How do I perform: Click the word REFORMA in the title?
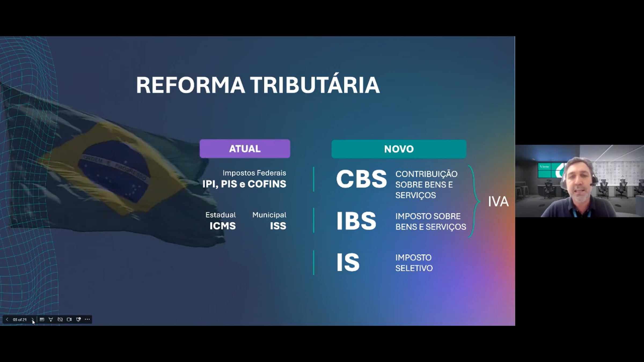pos(190,85)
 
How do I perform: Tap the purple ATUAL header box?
pos(245,149)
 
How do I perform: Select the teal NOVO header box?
pos(399,149)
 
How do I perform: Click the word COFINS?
pos(267,184)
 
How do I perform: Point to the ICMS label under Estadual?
pos(222,226)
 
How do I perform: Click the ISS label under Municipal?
pos(278,226)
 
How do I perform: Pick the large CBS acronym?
pos(361,179)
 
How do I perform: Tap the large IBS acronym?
pos(356,221)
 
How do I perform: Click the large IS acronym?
pos(348,263)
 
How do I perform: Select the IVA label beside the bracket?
pos(498,202)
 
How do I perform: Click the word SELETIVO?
pos(414,268)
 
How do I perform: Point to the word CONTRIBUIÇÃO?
pos(426,174)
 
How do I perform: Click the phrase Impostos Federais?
pos(254,173)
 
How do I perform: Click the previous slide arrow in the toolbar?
pos(7,319)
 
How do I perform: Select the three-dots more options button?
pos(87,319)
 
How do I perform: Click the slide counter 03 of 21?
pos(20,320)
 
